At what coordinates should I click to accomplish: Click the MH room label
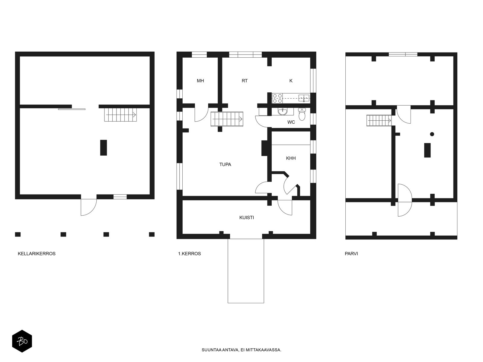[200, 81]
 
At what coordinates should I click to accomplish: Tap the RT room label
[245, 81]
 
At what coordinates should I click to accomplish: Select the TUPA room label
[225, 164]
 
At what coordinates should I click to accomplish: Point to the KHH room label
[291, 158]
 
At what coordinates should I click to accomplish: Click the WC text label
[291, 122]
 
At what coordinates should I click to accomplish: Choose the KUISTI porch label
[246, 218]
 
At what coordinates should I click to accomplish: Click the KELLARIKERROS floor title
[37, 254]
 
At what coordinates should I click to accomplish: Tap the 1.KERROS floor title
[189, 254]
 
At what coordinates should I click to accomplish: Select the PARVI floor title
[351, 254]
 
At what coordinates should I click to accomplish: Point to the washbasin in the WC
[283, 112]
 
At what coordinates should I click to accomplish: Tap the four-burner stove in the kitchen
[277, 98]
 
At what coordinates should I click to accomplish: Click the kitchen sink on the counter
[304, 98]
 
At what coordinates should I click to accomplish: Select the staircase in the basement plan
[120, 115]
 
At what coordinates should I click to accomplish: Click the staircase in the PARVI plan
[379, 121]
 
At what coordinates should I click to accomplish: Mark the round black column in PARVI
[432, 134]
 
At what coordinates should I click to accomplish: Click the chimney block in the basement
[104, 148]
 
